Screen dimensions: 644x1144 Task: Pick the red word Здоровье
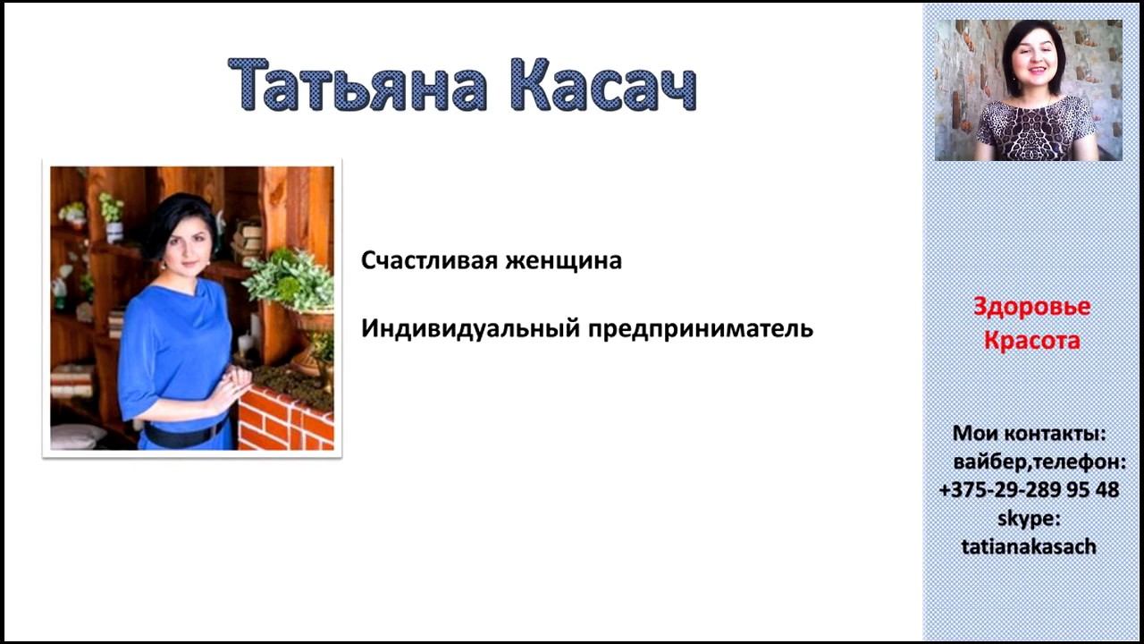1031,307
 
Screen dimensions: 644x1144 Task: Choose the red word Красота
1031,341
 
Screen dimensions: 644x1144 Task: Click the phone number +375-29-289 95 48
1029,490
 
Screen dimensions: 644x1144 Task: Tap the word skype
1029,518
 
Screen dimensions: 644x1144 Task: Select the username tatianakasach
1029,547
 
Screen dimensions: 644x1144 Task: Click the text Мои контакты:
1029,434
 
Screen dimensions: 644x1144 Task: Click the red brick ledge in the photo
284,420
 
